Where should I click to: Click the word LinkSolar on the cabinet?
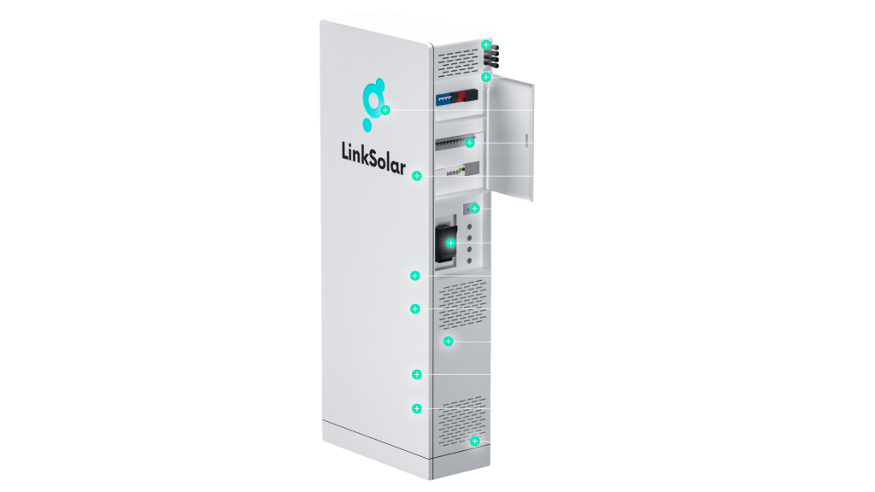373,158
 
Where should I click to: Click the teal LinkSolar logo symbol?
373,104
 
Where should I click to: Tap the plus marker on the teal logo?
385,110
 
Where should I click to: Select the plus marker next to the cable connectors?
486,44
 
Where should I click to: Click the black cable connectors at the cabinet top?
492,56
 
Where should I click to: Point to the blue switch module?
444,99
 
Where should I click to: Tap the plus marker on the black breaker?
451,243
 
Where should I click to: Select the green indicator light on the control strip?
460,170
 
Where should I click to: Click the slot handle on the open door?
526,141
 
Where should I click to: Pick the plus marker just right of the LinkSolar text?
417,176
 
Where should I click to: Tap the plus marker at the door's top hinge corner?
486,77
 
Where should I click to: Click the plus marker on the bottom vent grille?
475,442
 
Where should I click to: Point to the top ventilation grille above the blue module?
458,63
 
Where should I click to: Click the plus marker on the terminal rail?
470,143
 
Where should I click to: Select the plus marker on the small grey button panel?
475,208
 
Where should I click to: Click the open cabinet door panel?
511,138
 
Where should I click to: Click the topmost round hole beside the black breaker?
469,227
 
